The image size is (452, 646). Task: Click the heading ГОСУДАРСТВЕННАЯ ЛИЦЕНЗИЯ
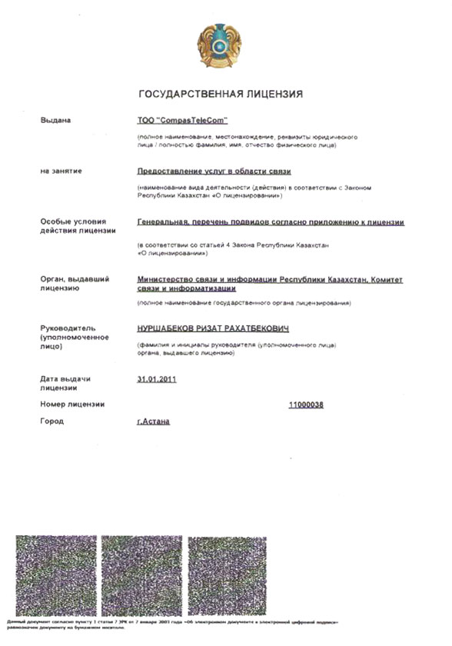pos(220,94)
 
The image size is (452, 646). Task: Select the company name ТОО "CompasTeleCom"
pos(182,121)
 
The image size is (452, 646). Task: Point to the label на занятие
pos(61,171)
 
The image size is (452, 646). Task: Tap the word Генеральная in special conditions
pos(158,222)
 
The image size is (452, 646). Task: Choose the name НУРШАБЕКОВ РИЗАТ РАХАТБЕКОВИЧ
pos(211,328)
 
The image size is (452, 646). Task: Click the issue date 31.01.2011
pos(155,378)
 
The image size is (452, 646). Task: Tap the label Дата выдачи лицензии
pos(65,383)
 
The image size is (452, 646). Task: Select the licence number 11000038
pos(306,405)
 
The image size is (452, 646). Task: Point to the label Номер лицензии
pos(72,405)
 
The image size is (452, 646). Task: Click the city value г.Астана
pos(152,421)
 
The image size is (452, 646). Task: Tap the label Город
pos(52,421)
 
